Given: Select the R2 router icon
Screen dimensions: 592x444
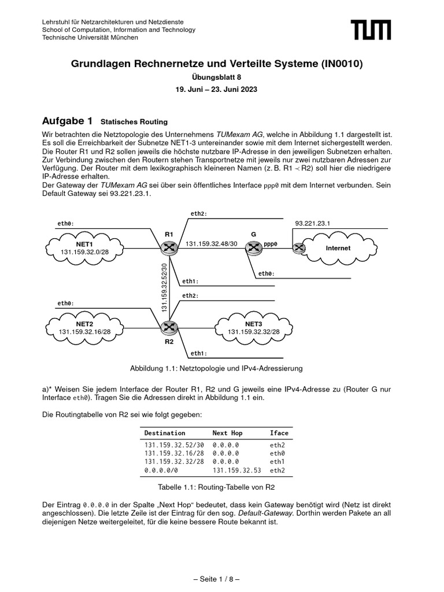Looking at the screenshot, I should [x=169, y=328].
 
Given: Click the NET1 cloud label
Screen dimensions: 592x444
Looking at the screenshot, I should [x=85, y=245].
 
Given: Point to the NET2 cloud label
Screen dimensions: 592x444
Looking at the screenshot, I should [x=84, y=324].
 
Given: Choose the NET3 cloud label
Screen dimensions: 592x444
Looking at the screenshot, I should [x=253, y=324].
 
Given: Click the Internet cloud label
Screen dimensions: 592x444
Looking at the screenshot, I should [x=338, y=248].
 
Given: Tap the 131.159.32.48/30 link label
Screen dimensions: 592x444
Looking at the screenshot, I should [x=211, y=244].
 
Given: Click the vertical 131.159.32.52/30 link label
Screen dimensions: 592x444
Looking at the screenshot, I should [x=164, y=287].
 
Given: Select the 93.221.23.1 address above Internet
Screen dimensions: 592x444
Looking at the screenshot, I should [x=312, y=223].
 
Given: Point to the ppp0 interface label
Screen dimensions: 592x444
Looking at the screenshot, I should [x=271, y=244].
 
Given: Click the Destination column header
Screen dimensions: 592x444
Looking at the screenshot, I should [x=165, y=432].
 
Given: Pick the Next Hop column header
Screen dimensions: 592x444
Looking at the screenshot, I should [x=228, y=432].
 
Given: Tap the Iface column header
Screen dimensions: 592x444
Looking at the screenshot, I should [x=279, y=432].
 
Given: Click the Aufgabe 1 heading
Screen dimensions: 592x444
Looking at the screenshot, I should [x=68, y=121].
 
